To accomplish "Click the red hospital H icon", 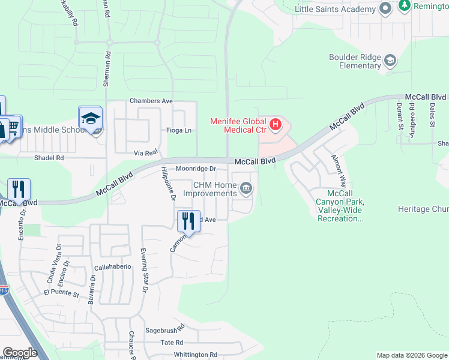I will pyautogui.click(x=276, y=125).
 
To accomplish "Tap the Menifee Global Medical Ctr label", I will pyautogui.click(x=238, y=125).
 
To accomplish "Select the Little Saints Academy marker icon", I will pyautogui.click(x=385, y=8).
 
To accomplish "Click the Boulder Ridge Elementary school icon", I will pyautogui.click(x=391, y=60).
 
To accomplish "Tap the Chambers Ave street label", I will pyautogui.click(x=151, y=101).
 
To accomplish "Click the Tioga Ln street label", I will pyautogui.click(x=179, y=130).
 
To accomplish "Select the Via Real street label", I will pyautogui.click(x=146, y=153).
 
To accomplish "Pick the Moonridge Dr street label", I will pyautogui.click(x=195, y=169).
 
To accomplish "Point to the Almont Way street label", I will pyautogui.click(x=339, y=170).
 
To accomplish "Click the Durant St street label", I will pyautogui.click(x=399, y=116).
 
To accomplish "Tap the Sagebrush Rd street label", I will pyautogui.click(x=164, y=331).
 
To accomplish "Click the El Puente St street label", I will pyautogui.click(x=62, y=294).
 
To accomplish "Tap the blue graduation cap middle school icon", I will pyautogui.click(x=91, y=119).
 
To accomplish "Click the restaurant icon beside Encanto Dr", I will pyautogui.click(x=19, y=190).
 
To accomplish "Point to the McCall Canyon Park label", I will pyautogui.click(x=340, y=206).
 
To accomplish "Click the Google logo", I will pyautogui.click(x=20, y=353).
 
